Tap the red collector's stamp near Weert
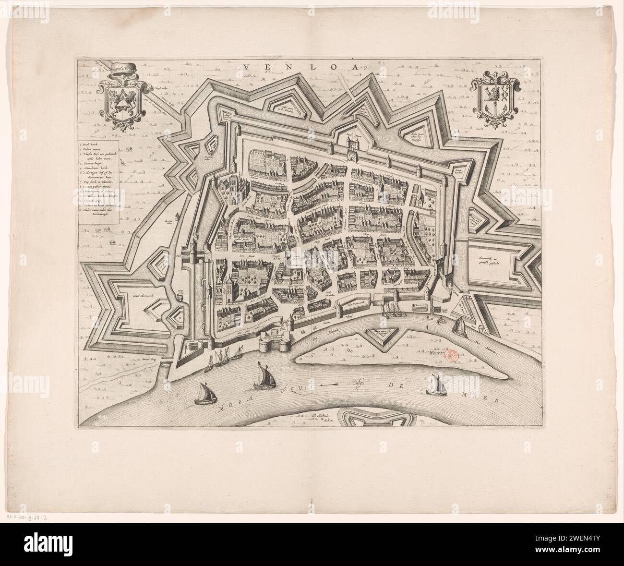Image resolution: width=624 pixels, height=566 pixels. [452, 356]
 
